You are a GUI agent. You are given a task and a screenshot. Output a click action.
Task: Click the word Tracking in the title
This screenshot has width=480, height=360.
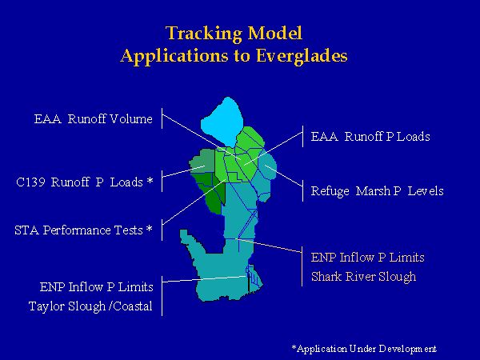(204, 34)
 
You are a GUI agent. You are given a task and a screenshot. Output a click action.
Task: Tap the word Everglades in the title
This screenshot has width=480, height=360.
(302, 56)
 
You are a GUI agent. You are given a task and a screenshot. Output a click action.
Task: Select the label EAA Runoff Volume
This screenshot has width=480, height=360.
(93, 118)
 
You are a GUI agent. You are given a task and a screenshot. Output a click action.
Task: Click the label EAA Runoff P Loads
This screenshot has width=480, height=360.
(370, 137)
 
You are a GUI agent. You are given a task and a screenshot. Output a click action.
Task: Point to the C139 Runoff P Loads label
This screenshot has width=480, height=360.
(85, 182)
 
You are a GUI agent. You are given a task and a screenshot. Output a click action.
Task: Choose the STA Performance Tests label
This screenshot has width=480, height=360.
(83, 230)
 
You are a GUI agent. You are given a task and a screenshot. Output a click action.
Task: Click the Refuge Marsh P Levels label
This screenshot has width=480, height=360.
(377, 191)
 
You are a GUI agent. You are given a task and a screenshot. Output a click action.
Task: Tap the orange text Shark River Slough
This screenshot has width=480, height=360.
(363, 277)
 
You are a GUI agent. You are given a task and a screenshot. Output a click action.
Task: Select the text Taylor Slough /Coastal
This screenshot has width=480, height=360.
(90, 306)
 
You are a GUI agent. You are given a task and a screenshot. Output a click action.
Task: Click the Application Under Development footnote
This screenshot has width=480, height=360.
(364, 349)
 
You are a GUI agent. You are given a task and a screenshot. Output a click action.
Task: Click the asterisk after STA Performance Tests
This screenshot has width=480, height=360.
(149, 228)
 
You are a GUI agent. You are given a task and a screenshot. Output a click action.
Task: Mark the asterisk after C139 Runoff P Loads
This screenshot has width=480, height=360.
(150, 180)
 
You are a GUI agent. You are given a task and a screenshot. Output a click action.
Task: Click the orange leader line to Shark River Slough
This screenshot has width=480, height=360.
(269, 246)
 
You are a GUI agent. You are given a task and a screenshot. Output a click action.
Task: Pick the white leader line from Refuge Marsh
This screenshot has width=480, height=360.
(283, 175)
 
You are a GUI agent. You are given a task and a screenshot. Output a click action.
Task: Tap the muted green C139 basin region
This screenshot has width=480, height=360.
(203, 162)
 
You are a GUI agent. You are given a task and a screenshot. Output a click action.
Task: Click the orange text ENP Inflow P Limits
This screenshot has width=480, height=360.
(368, 258)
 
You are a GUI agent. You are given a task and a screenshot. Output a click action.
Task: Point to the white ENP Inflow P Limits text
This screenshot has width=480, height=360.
(97, 287)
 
